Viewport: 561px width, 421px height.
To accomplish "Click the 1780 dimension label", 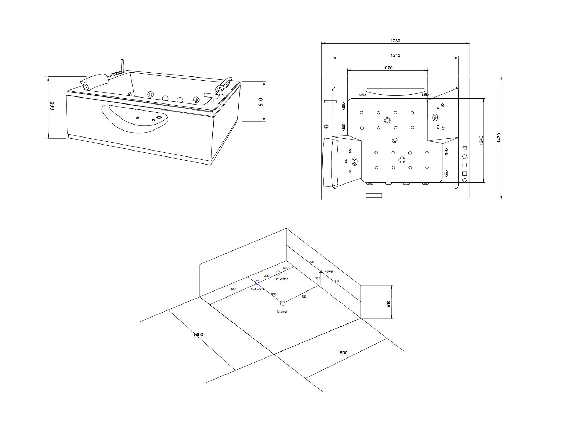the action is [395, 41].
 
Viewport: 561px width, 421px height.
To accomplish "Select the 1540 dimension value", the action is [395, 55].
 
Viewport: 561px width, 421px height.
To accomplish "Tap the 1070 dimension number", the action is [387, 68].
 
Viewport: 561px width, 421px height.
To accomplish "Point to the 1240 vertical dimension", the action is [481, 140].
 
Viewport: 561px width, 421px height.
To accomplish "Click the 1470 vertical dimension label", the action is [499, 138].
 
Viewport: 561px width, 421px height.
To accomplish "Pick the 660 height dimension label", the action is [53, 106].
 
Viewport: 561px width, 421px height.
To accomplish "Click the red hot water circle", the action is [278, 273].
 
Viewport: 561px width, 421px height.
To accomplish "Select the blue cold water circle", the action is [257, 282].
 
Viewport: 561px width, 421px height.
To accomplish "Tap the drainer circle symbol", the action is [283, 303].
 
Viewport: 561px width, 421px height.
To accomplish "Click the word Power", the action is [329, 272].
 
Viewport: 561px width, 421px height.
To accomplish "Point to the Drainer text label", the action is [282, 311].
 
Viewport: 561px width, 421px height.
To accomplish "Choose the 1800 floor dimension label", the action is [198, 335].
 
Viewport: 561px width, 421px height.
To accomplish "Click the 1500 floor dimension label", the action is [343, 353].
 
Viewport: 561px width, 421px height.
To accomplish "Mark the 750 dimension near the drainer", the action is [304, 296].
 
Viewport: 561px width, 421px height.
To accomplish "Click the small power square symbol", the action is [320, 271].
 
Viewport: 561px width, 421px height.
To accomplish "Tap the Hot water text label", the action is [281, 279].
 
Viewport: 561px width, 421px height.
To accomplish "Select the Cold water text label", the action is [257, 289].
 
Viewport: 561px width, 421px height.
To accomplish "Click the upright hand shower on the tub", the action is [122, 66].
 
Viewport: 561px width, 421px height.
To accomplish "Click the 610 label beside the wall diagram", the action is [389, 304].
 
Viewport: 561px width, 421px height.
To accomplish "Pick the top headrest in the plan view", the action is [396, 92].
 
